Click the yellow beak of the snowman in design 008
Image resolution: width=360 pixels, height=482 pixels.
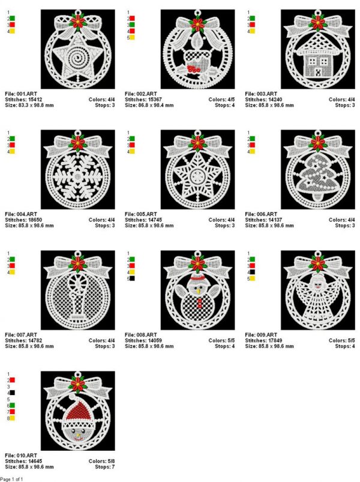coord(199,290)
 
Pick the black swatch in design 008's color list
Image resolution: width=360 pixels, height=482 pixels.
coord(132,279)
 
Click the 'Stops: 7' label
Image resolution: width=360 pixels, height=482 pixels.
coord(105,466)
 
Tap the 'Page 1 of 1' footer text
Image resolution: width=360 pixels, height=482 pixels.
coord(11,479)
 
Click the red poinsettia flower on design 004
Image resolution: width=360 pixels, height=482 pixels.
coord(78,143)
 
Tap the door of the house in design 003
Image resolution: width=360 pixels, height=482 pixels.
coord(318,73)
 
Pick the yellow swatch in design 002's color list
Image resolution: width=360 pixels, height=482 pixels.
coord(132,37)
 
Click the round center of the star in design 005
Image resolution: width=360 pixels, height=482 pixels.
coord(197,176)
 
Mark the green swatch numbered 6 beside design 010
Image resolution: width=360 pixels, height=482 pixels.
coord(12,405)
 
